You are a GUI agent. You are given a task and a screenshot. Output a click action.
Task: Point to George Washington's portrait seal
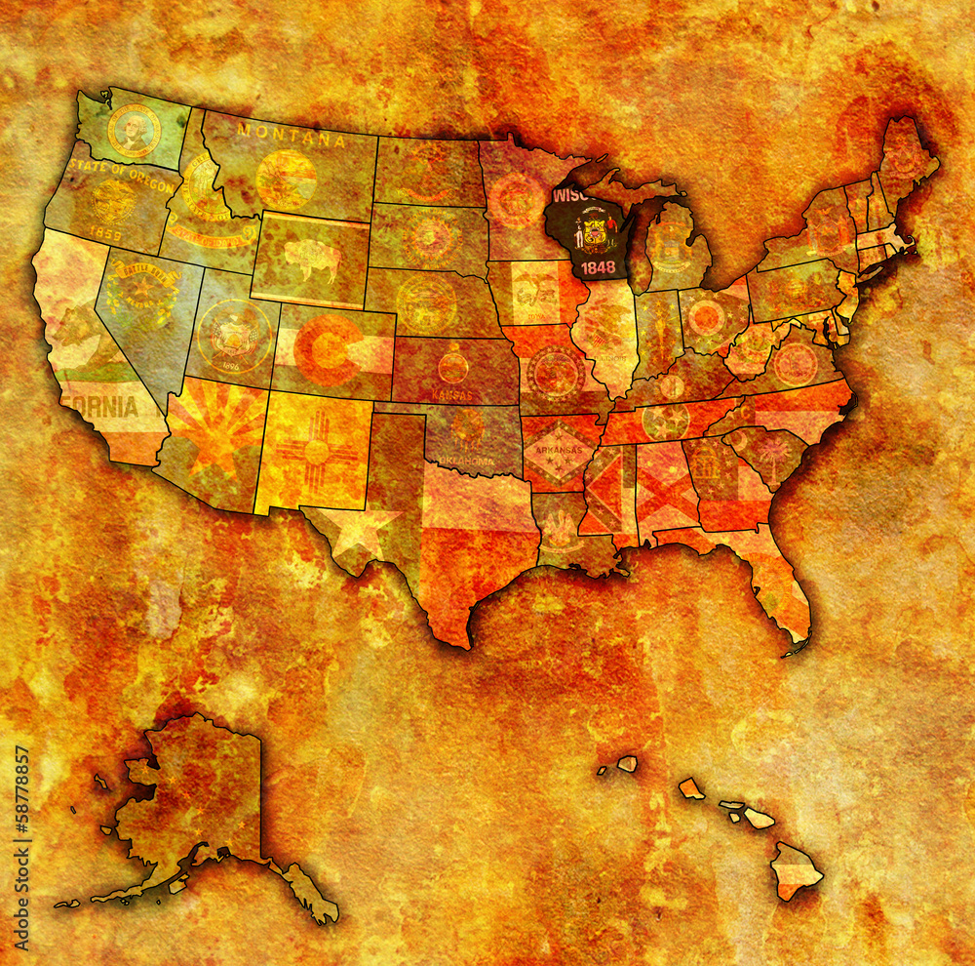(134, 132)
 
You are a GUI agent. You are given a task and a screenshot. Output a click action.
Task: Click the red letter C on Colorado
(328, 350)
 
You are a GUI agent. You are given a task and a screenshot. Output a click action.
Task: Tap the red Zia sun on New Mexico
(316, 451)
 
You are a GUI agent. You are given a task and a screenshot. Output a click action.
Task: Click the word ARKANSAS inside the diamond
(558, 450)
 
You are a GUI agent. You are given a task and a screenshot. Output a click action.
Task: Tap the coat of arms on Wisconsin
(594, 232)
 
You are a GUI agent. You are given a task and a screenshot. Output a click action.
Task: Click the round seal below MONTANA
(286, 180)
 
